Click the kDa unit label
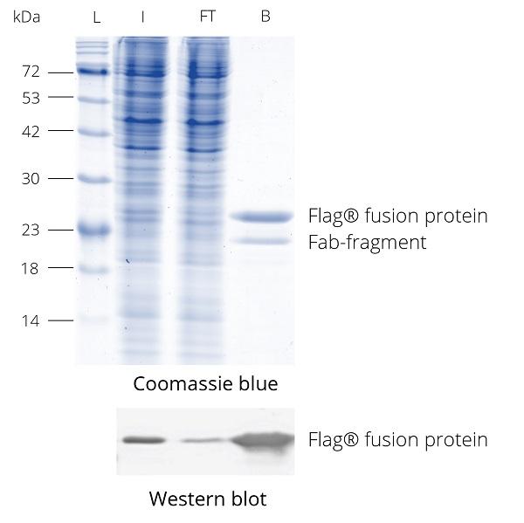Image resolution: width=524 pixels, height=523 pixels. [26, 17]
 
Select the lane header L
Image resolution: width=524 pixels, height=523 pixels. [97, 17]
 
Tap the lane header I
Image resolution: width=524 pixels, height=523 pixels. [143, 17]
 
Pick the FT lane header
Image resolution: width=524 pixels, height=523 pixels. [207, 17]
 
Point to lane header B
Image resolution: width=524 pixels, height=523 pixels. [265, 17]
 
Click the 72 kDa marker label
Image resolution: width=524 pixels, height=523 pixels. [31, 72]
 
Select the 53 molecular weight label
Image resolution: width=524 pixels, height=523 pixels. [31, 99]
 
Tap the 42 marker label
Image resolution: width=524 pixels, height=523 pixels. [31, 132]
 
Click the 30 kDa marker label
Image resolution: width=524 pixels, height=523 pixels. [31, 179]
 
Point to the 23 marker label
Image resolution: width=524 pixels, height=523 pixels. [31, 231]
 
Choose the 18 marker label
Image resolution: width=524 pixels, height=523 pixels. [30, 269]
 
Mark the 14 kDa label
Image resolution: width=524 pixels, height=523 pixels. [31, 321]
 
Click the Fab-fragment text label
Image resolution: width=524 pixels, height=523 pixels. [368, 242]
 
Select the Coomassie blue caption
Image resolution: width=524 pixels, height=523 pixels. [205, 383]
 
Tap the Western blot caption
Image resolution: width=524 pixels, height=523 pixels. [208, 499]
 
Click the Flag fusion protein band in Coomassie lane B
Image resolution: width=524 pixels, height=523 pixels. [262, 217]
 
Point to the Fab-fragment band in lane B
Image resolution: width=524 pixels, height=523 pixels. [261, 240]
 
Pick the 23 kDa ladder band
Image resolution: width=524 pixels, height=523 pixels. [93, 230]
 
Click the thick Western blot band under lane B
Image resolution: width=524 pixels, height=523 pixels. [263, 441]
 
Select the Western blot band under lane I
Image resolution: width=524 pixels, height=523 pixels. [144, 440]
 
